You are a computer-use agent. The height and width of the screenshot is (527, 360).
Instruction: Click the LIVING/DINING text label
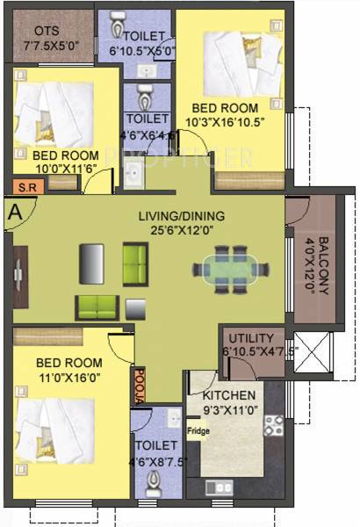(x=179, y=217)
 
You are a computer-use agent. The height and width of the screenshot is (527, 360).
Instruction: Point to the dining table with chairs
(x=226, y=265)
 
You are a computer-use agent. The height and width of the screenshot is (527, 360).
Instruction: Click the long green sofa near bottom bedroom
(x=95, y=307)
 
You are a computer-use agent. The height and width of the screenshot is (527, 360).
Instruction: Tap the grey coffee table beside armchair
(x=135, y=308)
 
